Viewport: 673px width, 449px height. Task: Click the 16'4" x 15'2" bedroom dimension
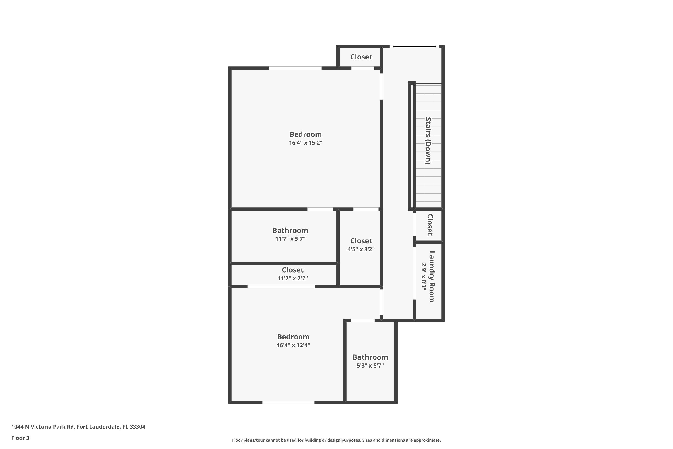[306, 143]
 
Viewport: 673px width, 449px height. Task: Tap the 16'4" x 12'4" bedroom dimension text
[293, 345]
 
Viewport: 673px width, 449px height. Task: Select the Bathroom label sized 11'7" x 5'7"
[290, 231]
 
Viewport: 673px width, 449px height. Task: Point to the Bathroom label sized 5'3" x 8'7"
[370, 357]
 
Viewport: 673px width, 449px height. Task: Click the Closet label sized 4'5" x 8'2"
[361, 241]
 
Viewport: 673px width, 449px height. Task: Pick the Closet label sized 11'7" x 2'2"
[293, 270]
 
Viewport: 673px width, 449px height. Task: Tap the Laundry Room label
[431, 276]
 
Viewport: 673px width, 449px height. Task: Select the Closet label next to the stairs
[430, 225]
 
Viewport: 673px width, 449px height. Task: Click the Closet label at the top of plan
[361, 57]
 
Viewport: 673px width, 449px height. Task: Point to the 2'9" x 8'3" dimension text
[424, 277]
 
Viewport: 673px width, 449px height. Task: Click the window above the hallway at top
[414, 47]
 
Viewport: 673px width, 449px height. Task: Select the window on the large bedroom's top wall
[295, 68]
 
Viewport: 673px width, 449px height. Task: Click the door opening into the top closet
[363, 68]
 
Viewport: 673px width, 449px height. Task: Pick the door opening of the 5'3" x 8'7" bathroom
[363, 320]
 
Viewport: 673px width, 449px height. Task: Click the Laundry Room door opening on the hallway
[415, 273]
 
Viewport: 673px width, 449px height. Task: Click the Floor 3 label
[20, 438]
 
